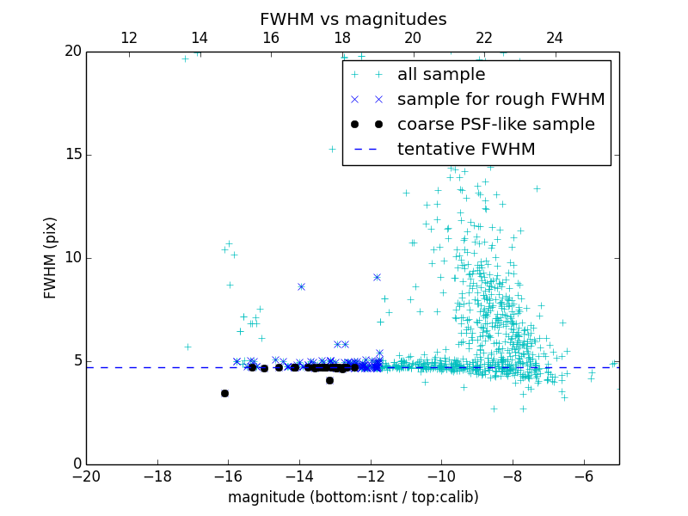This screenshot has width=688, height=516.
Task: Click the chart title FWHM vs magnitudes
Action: (x=353, y=19)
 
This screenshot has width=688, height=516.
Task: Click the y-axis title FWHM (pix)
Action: (x=51, y=257)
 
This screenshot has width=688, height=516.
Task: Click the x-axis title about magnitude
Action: (x=353, y=497)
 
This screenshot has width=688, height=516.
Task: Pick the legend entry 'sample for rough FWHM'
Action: (x=501, y=100)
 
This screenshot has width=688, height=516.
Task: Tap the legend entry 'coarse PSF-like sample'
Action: (x=495, y=125)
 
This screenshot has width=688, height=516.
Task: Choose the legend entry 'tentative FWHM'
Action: (x=466, y=150)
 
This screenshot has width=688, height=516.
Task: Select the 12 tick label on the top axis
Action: (x=129, y=38)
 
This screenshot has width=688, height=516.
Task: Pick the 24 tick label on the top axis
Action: (x=555, y=38)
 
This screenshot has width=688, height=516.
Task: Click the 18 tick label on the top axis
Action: (x=342, y=38)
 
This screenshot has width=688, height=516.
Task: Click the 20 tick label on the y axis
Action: (x=71, y=52)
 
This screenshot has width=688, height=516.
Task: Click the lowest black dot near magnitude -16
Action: (x=224, y=393)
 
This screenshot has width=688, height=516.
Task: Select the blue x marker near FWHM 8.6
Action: (x=301, y=286)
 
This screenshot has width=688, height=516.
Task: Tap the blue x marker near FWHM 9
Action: (x=377, y=277)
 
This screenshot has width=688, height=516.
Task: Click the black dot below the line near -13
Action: (x=329, y=380)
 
